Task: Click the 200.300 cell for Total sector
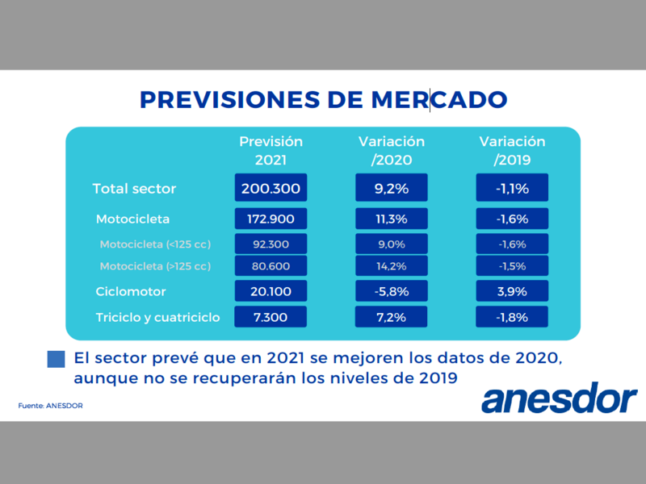[271, 188]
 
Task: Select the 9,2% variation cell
[392, 188]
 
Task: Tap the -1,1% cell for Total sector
[512, 188]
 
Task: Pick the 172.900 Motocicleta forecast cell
[271, 219]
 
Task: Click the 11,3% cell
[392, 219]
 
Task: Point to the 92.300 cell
[271, 244]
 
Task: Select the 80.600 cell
[271, 266]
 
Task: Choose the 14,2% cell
[392, 266]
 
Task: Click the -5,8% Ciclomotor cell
[392, 291]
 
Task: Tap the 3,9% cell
[512, 291]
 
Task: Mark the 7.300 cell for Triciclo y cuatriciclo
[271, 317]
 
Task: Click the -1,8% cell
[512, 317]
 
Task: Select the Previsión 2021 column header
[271, 151]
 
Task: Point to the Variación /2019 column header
[512, 151]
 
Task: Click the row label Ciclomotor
[131, 291]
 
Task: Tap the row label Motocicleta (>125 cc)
[155, 266]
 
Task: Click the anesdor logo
[560, 398]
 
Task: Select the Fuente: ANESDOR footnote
[50, 406]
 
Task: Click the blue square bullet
[56, 359]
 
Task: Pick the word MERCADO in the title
[439, 99]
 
